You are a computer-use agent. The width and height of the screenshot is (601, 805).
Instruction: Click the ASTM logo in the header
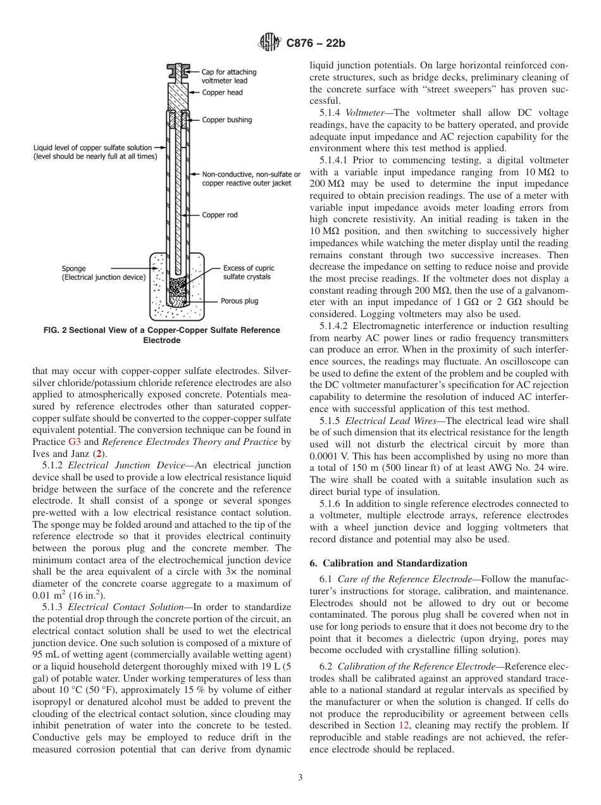tap(267, 43)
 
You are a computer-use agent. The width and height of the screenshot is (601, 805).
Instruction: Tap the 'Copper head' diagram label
tap(222, 92)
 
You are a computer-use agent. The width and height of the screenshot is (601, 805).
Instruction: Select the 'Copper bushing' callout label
tap(226, 120)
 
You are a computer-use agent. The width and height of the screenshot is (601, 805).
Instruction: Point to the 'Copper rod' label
tap(220, 215)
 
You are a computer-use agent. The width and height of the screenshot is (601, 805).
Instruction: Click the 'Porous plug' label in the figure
tap(239, 301)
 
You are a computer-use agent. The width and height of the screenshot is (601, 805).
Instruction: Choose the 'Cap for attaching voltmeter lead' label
tap(228, 76)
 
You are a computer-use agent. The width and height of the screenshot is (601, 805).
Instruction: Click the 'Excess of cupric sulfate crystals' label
tap(249, 272)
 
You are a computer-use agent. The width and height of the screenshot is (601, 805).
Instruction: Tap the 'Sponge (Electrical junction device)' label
tap(104, 273)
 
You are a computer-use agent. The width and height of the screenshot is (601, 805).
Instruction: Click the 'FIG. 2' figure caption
tap(156, 335)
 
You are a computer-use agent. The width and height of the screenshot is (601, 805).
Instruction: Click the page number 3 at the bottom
tap(300, 778)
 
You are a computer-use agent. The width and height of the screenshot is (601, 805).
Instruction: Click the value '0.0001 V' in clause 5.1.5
tap(330, 456)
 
